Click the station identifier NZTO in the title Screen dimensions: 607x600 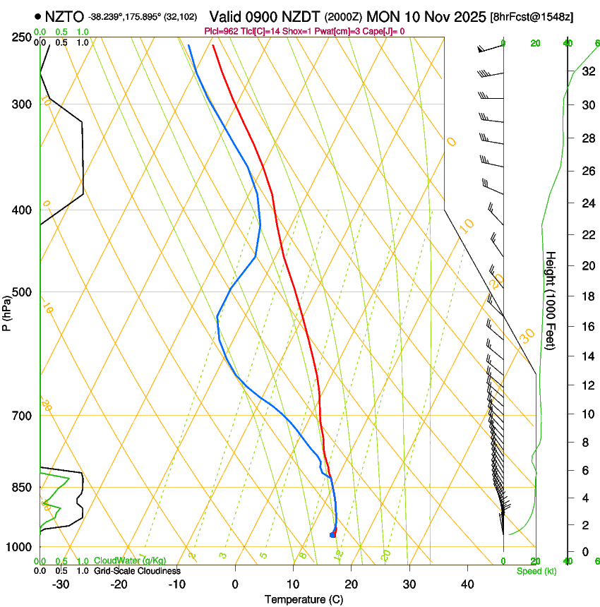(64, 16)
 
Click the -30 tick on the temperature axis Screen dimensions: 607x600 (61, 584)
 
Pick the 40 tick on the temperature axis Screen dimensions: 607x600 (467, 584)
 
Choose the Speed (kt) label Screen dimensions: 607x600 (536, 571)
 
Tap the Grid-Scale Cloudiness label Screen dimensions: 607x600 (137, 571)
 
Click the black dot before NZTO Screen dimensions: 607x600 (37, 16)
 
